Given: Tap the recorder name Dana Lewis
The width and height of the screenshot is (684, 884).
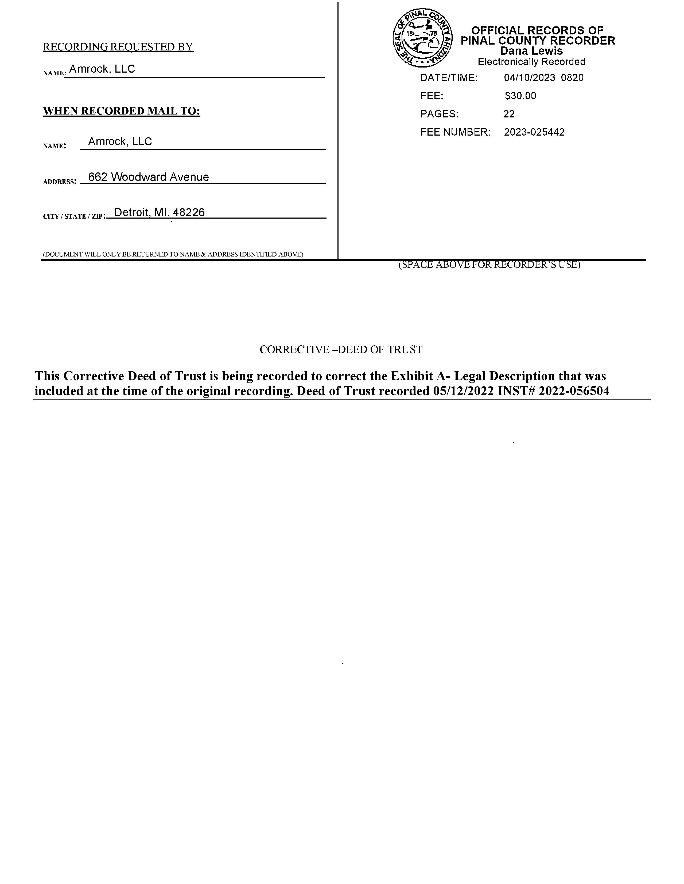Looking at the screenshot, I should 531,51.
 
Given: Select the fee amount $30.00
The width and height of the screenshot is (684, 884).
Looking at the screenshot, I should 520,96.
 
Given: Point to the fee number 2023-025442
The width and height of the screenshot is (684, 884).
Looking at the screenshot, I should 534,132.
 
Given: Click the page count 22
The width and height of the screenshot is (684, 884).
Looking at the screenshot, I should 509,114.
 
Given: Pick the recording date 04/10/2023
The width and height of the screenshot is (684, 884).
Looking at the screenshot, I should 529,78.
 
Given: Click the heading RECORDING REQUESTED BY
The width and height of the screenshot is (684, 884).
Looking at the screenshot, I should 118,47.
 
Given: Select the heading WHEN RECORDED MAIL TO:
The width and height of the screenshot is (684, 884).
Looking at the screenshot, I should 121,111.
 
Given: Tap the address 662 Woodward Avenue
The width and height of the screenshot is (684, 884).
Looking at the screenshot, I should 148,177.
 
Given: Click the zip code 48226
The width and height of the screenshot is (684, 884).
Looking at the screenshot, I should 189,212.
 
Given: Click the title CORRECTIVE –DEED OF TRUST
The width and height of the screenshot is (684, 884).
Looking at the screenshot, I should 341,350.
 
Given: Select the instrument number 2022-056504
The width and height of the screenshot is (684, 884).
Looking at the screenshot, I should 574,391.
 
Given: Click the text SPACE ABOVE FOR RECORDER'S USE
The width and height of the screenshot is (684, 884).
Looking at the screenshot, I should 489,265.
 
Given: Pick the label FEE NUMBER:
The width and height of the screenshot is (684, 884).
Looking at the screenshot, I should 455,132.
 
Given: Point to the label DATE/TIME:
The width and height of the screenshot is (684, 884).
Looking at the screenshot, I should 449,78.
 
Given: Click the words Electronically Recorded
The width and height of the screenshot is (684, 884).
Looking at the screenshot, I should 531,62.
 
